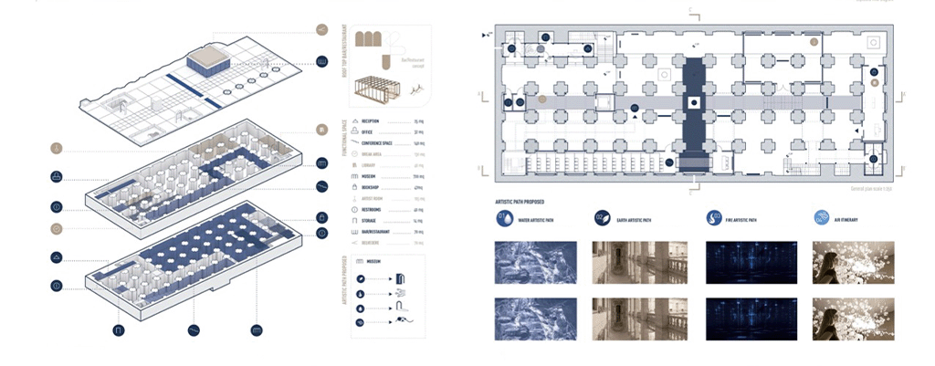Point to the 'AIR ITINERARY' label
[852, 220]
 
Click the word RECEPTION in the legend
[371, 121]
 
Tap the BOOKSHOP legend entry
[372, 186]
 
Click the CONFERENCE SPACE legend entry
[379, 143]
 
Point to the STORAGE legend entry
[370, 220]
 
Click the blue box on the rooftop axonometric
[208, 63]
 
